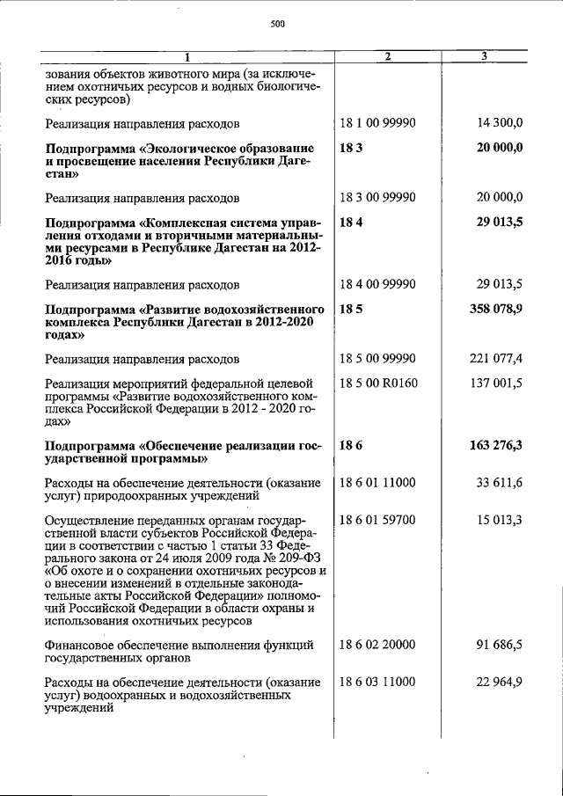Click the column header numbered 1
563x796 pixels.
pos(186,57)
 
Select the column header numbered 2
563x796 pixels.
pos(388,57)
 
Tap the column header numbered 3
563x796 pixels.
pos(485,57)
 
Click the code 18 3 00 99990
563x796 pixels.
pos(377,198)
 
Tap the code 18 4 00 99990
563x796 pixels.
pos(377,285)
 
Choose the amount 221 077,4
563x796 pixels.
pos(496,359)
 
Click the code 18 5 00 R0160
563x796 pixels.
pos(378,383)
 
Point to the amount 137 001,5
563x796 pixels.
pos(496,383)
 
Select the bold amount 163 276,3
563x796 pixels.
pos(495,445)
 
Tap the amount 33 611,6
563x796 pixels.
pos(499,482)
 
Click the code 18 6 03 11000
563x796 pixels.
pos(377,682)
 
